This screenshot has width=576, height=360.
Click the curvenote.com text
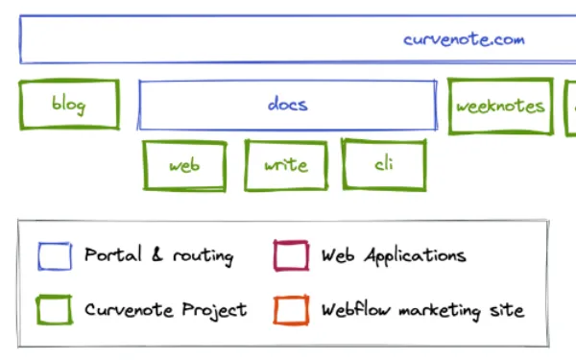tap(464, 39)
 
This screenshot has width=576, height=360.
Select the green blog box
tap(69, 105)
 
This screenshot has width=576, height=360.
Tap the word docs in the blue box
tap(288, 104)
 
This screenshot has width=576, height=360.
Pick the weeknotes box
tap(499, 106)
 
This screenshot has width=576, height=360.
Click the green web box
tap(184, 165)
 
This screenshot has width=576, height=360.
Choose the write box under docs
tap(286, 165)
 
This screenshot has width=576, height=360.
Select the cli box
tap(384, 163)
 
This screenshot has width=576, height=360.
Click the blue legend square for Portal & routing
tap(55, 256)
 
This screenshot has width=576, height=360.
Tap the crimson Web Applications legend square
tap(291, 256)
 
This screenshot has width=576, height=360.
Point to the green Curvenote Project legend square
tap(55, 310)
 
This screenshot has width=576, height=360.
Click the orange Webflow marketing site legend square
tap(291, 310)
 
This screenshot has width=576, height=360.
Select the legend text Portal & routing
tap(158, 256)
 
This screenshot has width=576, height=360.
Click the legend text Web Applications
tap(394, 256)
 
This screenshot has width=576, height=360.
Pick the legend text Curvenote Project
tap(165, 310)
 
